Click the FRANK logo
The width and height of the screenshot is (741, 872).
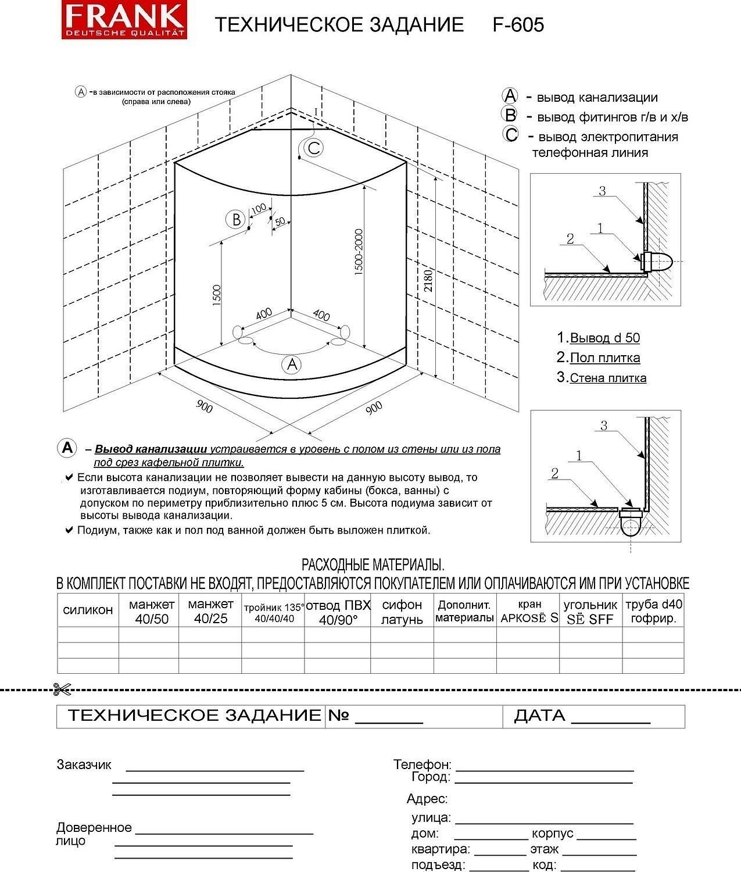(x=124, y=21)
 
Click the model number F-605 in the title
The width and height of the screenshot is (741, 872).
(x=518, y=24)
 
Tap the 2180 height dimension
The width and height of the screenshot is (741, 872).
(x=429, y=280)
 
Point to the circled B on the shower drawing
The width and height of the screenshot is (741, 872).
(x=236, y=219)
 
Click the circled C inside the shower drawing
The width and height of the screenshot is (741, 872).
(x=314, y=148)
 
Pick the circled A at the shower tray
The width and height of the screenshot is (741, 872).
(x=291, y=364)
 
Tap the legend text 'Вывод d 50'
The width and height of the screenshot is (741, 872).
(x=604, y=338)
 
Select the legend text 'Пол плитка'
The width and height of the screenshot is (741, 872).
(x=604, y=358)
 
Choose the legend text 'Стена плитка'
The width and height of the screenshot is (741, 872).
(x=607, y=378)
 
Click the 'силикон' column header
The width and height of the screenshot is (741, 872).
(x=88, y=610)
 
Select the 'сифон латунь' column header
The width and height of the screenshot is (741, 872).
(x=402, y=612)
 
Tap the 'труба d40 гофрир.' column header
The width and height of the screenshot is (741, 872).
(x=654, y=611)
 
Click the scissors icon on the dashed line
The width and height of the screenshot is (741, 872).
(x=61, y=689)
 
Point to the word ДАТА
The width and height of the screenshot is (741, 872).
(x=539, y=716)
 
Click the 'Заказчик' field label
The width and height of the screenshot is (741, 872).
(x=84, y=764)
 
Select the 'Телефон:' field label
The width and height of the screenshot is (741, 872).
(x=422, y=764)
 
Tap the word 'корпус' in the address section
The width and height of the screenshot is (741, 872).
(x=553, y=834)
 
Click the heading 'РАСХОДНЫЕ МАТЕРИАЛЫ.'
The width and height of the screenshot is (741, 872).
(x=373, y=564)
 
